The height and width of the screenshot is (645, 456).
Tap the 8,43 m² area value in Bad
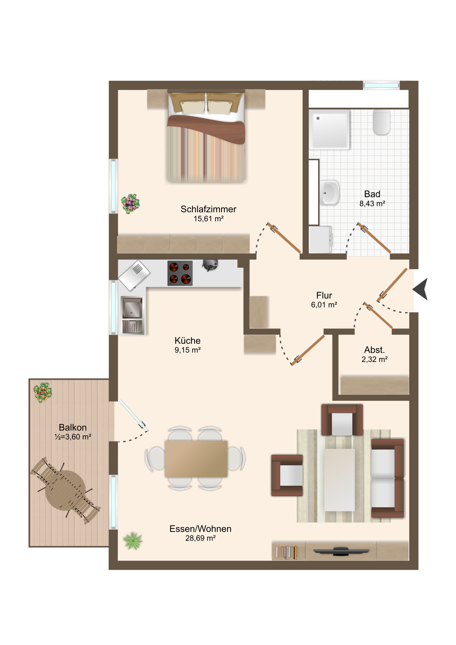pyautogui.click(x=372, y=204)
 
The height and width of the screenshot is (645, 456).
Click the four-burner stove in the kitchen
pyautogui.click(x=180, y=273)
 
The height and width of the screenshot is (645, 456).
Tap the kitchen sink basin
pyautogui.click(x=132, y=308)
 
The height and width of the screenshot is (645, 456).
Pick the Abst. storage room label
pyautogui.click(x=374, y=350)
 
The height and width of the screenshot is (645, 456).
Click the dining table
pyautogui.click(x=196, y=459)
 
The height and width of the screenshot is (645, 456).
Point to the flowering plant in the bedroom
pyautogui.click(x=130, y=203)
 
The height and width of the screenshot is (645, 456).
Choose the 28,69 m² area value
pyautogui.click(x=200, y=538)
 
